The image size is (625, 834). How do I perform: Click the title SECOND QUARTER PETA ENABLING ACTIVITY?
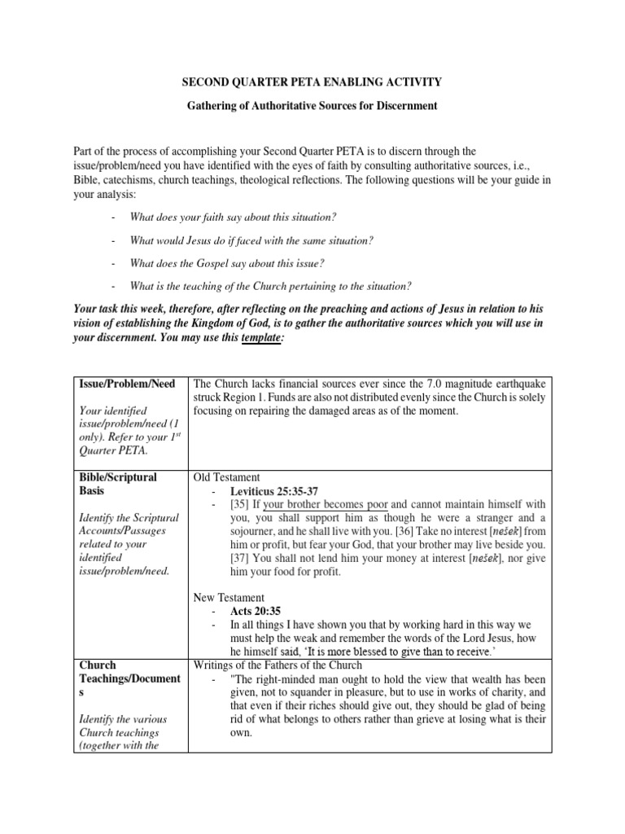click(x=312, y=81)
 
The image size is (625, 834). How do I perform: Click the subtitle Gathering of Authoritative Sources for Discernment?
click(x=312, y=106)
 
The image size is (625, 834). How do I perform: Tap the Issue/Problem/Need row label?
click(x=125, y=384)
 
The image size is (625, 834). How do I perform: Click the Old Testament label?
click(x=226, y=477)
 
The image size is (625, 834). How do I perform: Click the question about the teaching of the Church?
click(x=270, y=285)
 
